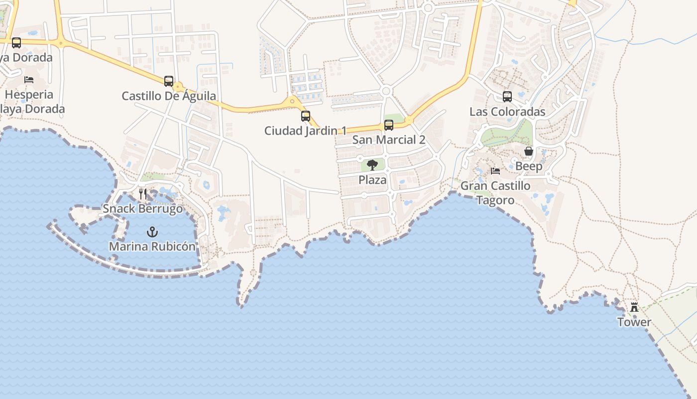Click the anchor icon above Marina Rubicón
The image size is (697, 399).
[x=152, y=232]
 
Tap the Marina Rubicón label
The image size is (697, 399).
[x=152, y=246]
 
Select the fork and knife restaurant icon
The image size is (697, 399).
[x=143, y=194]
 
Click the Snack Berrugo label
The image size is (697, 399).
[x=143, y=208]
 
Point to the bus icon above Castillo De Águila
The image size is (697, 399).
[x=169, y=81]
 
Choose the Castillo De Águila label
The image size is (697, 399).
[x=169, y=96]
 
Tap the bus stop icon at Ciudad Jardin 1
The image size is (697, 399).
[x=306, y=116]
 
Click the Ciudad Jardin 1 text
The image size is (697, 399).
[x=305, y=131]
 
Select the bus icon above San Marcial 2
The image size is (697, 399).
[x=389, y=125]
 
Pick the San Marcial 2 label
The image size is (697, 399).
[x=389, y=140]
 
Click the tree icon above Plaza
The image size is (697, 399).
[x=372, y=165]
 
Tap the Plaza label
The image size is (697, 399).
[x=372, y=180]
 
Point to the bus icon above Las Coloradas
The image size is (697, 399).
[x=507, y=97]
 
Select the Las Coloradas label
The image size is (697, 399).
[x=507, y=112]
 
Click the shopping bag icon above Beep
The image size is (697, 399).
[x=529, y=151]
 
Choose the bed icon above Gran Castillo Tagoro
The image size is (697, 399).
[x=495, y=171]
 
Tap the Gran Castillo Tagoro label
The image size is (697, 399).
[x=495, y=193]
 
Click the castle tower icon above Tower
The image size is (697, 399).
[x=634, y=307]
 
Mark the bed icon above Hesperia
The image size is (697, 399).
[x=29, y=80]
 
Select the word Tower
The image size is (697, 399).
[x=634, y=322]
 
